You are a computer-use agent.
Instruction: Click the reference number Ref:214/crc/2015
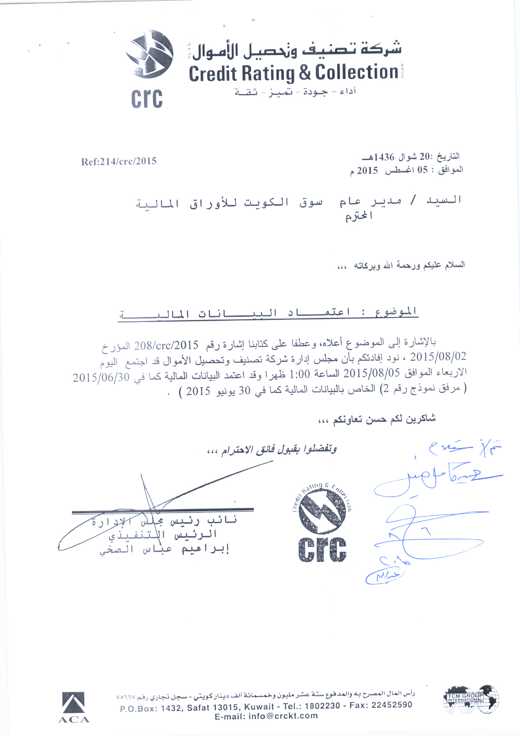pyautogui.click(x=119, y=161)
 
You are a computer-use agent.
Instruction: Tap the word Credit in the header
pyautogui.click(x=213, y=73)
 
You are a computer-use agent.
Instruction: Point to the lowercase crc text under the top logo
pyautogui.click(x=146, y=99)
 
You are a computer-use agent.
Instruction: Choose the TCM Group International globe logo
pyautogui.click(x=471, y=699)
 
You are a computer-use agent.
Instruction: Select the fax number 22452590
pyautogui.click(x=392, y=705)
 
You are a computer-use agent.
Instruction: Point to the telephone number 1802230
pyautogui.click(x=322, y=706)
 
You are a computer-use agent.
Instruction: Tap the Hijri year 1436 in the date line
pyautogui.click(x=384, y=157)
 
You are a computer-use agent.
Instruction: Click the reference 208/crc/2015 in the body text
pyautogui.click(x=166, y=346)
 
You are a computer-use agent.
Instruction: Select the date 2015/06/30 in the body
pyautogui.click(x=101, y=377)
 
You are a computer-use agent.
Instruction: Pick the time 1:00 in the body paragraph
pyautogui.click(x=300, y=374)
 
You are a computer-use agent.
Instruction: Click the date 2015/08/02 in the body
pyautogui.click(x=438, y=357)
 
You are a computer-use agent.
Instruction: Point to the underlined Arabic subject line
pyautogui.click(x=268, y=313)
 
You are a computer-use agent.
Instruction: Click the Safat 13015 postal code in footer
pyautogui.click(x=213, y=707)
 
